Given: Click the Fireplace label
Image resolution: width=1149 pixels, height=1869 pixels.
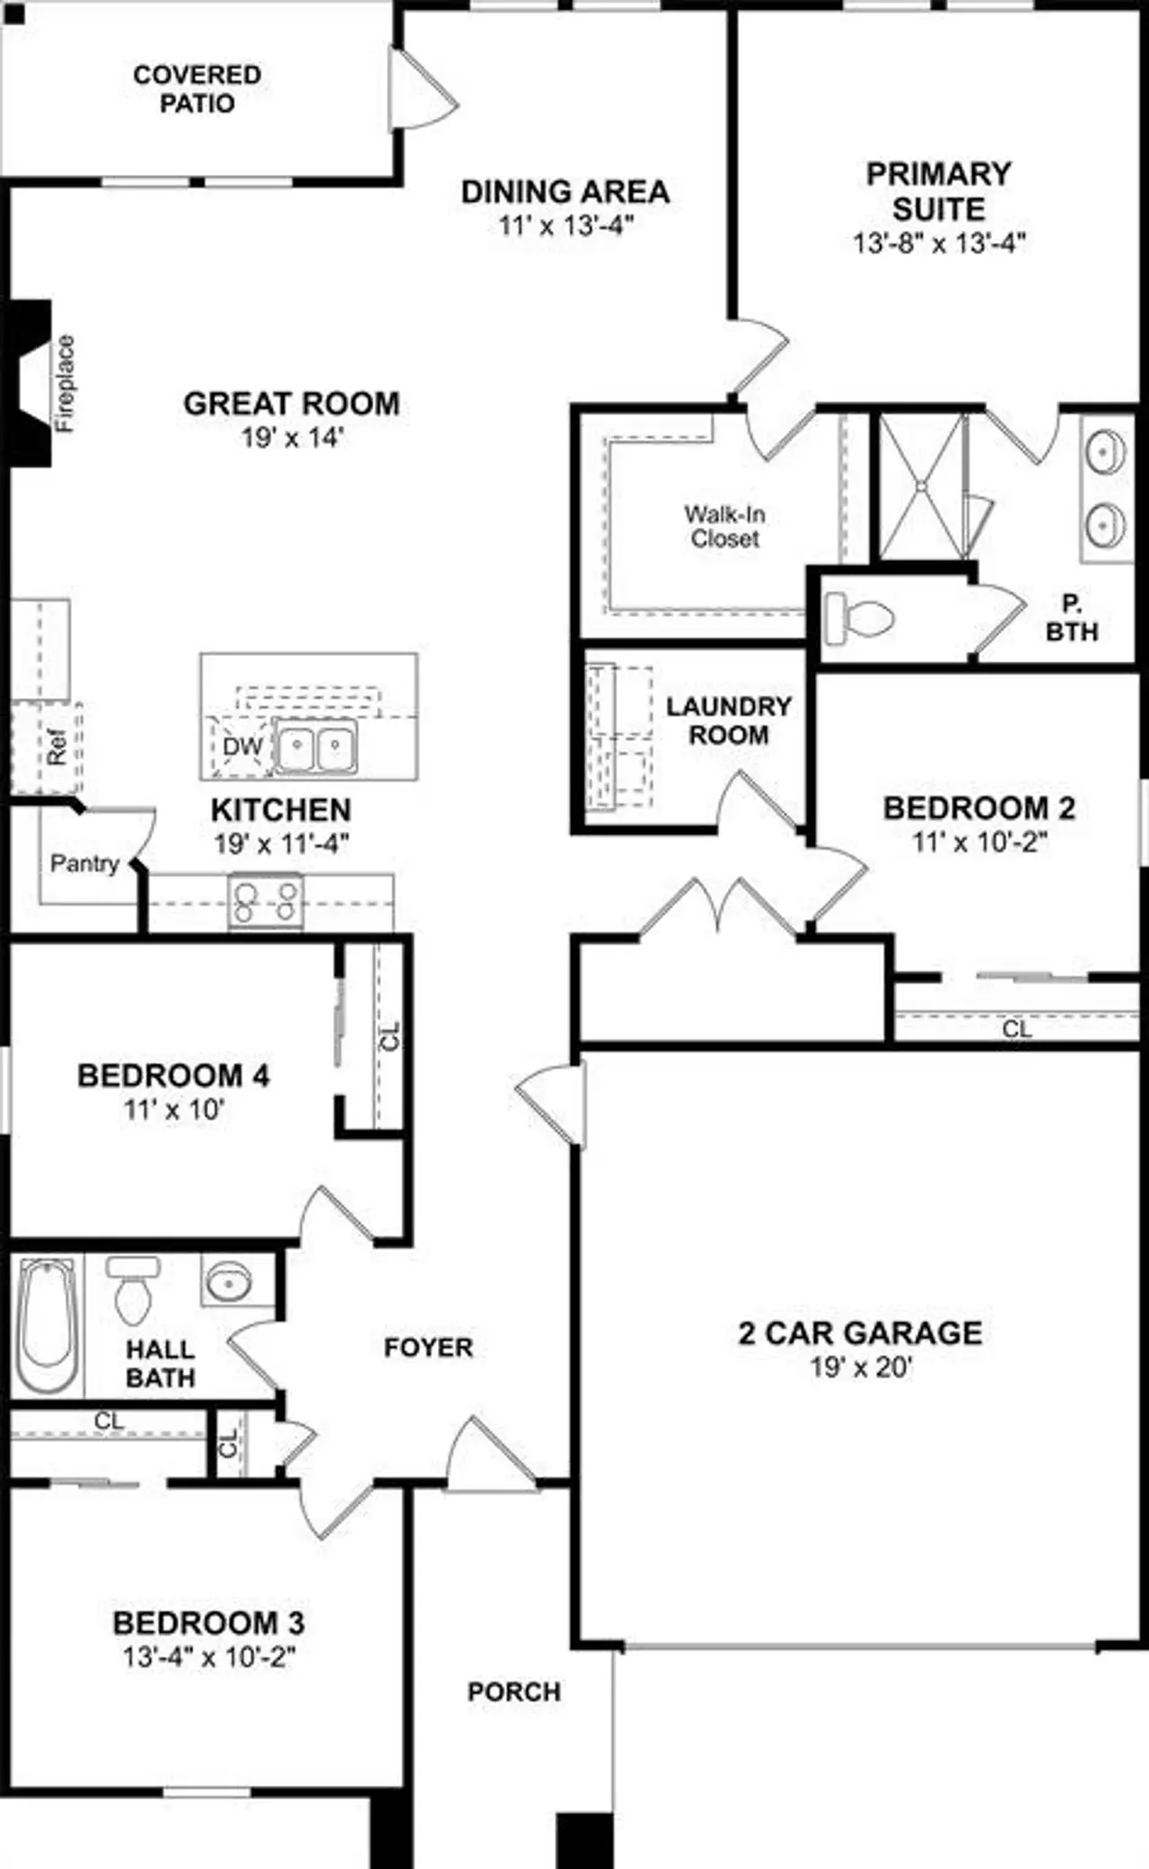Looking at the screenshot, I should point(66,384).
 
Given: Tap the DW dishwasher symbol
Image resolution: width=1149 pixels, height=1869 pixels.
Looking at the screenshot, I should point(242,747).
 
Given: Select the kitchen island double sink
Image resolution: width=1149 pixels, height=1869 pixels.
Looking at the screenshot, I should point(315,745).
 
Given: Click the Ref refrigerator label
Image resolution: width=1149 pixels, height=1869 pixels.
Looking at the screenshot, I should point(57,747).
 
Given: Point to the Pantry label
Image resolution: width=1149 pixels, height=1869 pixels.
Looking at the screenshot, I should point(84,863).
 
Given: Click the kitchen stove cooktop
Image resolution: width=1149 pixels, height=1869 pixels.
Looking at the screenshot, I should point(265,901).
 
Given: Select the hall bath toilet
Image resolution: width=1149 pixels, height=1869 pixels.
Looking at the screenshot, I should point(133,1290).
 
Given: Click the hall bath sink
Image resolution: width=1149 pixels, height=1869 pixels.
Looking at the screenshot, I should point(230,1281).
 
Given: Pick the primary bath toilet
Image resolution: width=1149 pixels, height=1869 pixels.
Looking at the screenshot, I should point(859,617).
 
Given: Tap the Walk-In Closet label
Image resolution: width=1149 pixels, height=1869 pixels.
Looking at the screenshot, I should point(724,527).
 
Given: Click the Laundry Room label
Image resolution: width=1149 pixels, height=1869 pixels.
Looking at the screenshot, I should point(729,721).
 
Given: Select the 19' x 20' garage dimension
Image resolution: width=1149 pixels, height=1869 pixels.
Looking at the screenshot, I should point(861,1368).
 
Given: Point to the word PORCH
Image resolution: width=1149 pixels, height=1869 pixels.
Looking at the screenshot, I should point(514,1691).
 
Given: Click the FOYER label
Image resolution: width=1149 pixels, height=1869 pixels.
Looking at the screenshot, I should point(428,1347).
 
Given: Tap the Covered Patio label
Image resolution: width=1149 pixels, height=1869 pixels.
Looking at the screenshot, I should point(197,88).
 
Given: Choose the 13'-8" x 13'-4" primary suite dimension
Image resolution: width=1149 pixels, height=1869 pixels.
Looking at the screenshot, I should point(939,243).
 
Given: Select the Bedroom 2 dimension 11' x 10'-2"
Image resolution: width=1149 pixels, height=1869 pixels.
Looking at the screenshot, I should point(980,842).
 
